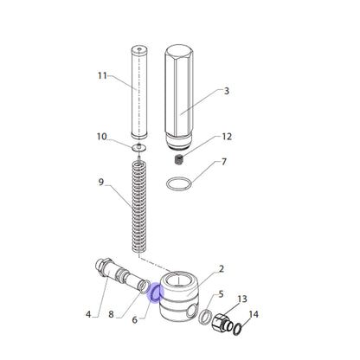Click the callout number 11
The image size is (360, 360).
102,76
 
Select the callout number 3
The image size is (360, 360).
227,91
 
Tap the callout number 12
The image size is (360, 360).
227,137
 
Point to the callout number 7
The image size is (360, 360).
224,162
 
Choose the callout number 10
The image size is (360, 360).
101,137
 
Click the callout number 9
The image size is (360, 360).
101,182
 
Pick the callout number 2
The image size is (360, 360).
222,269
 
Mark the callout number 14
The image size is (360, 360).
254,314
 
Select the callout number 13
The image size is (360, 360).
242,299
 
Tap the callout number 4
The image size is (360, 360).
88,314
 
